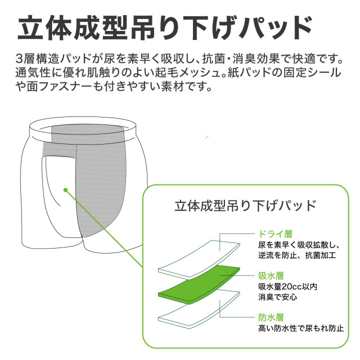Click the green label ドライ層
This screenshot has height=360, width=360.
click(276, 234)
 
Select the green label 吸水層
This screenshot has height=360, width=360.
click(271, 276)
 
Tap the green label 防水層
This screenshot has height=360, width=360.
click(271, 317)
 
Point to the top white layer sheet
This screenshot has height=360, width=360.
click(199, 258)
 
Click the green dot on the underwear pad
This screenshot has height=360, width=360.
click(66, 190)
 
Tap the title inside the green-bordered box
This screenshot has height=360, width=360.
click(245, 205)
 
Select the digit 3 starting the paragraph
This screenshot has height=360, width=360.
click(19, 59)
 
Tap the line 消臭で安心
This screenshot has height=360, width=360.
click(277, 298)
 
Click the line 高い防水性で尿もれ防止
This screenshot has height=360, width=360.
click(301, 328)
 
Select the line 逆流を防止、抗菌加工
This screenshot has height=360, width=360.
click(297, 255)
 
